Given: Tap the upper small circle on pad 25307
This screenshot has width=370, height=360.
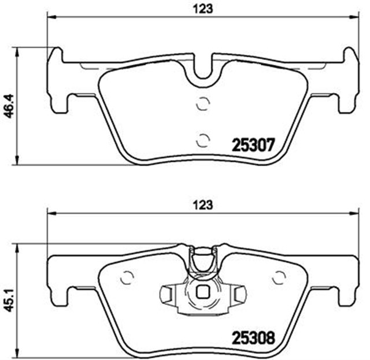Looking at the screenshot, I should pyautogui.click(x=202, y=104).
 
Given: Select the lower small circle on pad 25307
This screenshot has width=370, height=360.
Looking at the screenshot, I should pyautogui.click(x=202, y=139).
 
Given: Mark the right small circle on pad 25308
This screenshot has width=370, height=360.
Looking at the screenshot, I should pyautogui.click(x=280, y=278).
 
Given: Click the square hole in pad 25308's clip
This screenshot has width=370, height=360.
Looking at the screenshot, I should pyautogui.click(x=202, y=292).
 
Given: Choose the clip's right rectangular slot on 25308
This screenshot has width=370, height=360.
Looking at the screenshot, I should pyautogui.click(x=239, y=295).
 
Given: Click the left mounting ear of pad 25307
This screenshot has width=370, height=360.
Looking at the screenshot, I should pyautogui.click(x=58, y=81).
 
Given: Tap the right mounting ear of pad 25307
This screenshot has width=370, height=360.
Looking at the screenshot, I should pyautogui.click(x=349, y=81).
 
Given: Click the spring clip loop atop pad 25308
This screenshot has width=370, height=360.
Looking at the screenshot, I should pyautogui.click(x=202, y=261).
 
